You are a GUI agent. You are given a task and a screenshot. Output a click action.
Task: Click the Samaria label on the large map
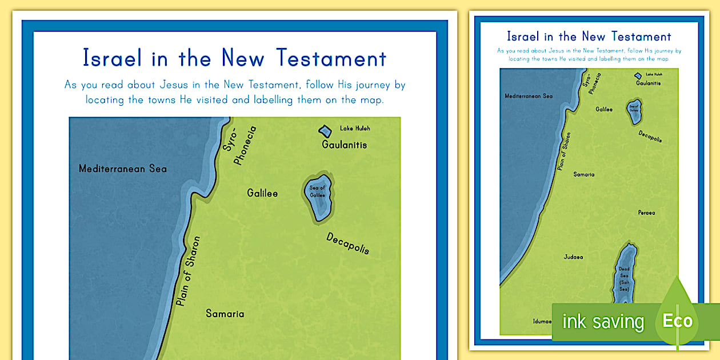click(x=225, y=314)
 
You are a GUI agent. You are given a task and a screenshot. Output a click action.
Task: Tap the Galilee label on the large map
click(x=262, y=193)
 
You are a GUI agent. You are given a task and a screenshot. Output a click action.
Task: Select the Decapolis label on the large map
click(x=347, y=243)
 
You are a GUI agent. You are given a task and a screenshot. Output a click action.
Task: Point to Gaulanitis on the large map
click(x=344, y=145)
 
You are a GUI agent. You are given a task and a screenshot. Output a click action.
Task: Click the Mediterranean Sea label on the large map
click(x=123, y=169)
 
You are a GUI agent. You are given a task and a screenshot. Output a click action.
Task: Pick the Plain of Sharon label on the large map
click(x=189, y=271)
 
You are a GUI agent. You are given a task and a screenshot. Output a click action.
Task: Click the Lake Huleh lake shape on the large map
click(x=325, y=131)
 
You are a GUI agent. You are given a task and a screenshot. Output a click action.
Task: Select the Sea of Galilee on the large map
click(x=317, y=197)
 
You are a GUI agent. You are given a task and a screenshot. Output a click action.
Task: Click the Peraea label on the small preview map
click(x=646, y=213)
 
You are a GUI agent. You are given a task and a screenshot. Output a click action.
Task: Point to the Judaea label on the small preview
click(x=573, y=257)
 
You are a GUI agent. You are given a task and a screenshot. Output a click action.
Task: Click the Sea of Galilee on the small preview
click(x=634, y=113)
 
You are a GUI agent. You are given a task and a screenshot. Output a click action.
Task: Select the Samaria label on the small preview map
click(x=584, y=174)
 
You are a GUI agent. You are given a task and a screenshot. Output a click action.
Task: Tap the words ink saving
click(x=603, y=322)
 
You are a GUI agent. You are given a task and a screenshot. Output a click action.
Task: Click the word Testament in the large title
click(x=332, y=58)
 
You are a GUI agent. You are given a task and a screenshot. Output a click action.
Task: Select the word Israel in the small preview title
click(x=522, y=37)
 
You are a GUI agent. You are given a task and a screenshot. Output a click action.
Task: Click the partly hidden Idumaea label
click(x=542, y=321)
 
